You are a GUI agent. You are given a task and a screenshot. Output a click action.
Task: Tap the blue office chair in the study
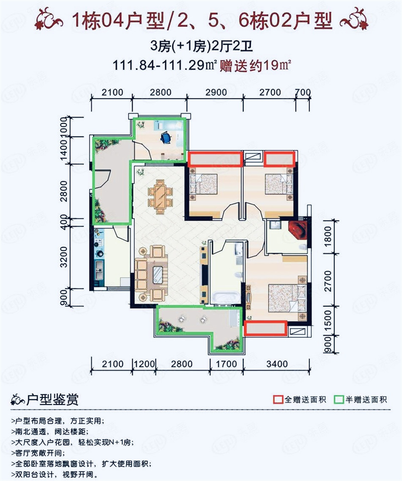[x=165, y=137]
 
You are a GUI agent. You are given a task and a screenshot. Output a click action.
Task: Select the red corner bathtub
[x=298, y=230]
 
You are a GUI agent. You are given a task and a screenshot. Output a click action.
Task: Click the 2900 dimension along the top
[x=216, y=92]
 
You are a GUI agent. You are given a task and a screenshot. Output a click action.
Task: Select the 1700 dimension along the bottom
[x=226, y=364]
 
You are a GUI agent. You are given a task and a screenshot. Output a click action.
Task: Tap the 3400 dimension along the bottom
[x=277, y=364]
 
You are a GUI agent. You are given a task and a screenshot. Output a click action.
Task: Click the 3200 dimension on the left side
[x=63, y=257]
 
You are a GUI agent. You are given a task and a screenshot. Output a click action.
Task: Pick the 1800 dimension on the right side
[x=328, y=237]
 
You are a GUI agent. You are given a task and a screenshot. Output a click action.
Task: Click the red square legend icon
[x=278, y=400]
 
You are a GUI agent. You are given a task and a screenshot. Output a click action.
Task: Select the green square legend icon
[x=339, y=400]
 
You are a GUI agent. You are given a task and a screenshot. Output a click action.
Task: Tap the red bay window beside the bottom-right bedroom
[x=265, y=328]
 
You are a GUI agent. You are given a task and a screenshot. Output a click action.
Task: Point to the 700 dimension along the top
[x=303, y=92]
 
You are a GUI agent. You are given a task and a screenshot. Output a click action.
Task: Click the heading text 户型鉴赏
[x=52, y=400]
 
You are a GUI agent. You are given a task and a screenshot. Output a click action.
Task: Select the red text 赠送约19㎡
[x=255, y=66]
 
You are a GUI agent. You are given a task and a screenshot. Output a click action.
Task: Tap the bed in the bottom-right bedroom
[x=287, y=298]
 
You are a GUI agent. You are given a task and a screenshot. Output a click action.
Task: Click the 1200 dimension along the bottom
[x=144, y=364]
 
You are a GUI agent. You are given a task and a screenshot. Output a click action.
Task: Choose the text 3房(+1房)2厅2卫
[x=202, y=46]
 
